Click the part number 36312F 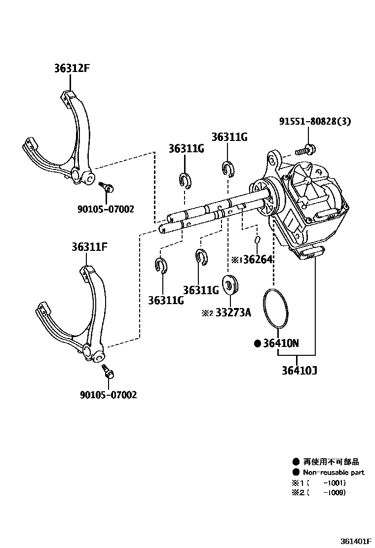(72, 69)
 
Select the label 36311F (87, 247)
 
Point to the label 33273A (232, 312)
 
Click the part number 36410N (280, 343)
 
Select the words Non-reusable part (333, 472)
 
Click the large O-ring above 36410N (274, 308)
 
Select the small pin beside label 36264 (258, 240)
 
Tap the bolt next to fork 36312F (107, 187)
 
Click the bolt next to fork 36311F (108, 372)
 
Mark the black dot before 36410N (257, 343)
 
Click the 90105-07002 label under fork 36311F (108, 394)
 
